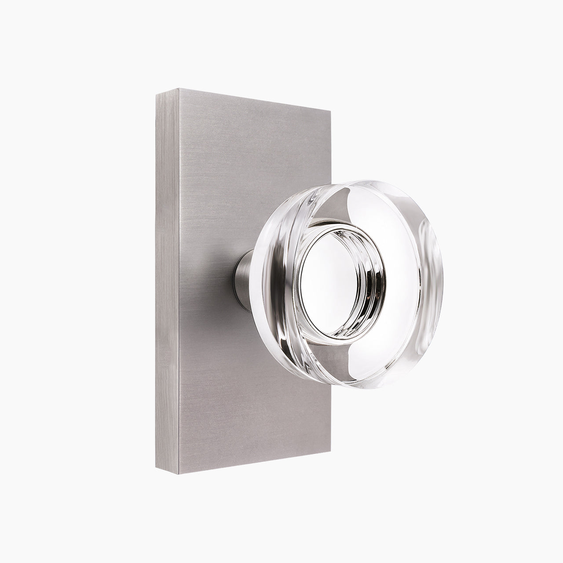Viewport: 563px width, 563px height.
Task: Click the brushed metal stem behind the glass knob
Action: pos(242,275)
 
